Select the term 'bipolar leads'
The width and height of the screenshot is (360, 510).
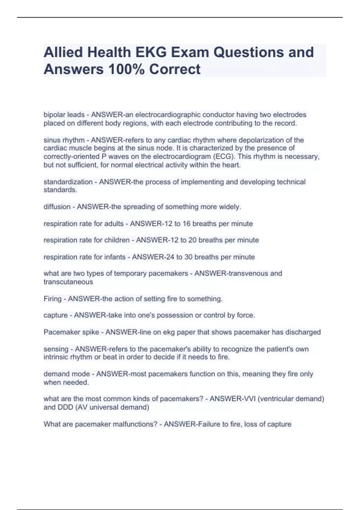pos(64,115)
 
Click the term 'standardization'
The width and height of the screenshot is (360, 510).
pos(68,182)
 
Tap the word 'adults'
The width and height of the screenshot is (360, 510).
pos(114,224)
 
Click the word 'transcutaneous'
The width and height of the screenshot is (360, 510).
pos(68,282)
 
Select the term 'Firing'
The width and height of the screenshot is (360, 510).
pos(52,299)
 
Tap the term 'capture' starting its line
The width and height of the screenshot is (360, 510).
pos(55,315)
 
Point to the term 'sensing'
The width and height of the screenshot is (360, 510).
pos(56,349)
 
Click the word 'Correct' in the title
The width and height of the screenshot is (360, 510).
pos(175,69)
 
